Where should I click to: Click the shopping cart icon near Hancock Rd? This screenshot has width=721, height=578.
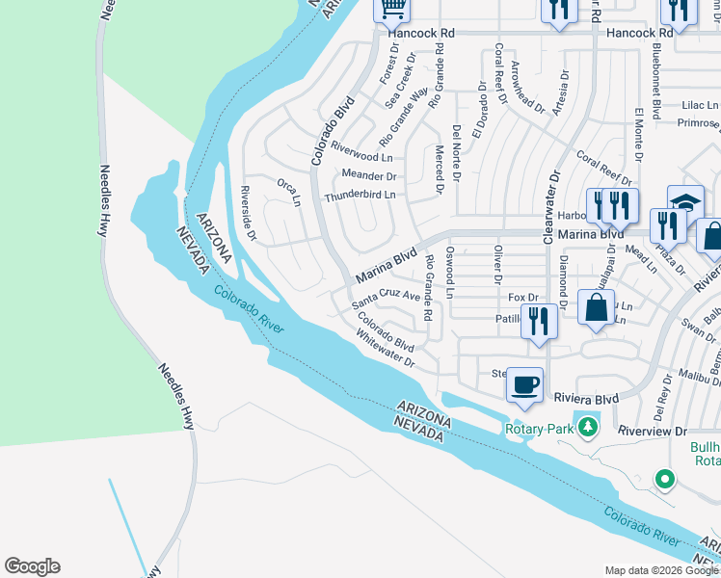click(392, 9)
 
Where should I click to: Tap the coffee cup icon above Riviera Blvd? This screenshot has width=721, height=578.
click(524, 385)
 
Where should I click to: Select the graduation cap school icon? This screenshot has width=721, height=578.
click(685, 203)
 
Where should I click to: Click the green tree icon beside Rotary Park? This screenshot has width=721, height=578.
click(585, 426)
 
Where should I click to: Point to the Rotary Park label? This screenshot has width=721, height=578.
click(538, 428)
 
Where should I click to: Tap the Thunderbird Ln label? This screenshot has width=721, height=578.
click(360, 195)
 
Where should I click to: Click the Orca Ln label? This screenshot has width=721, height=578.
click(289, 191)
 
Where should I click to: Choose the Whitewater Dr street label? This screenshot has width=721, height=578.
click(384, 349)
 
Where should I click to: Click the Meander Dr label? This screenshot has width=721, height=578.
click(369, 175)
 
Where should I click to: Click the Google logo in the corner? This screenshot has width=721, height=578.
click(32, 566)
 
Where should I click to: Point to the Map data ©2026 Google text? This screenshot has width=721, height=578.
click(660, 570)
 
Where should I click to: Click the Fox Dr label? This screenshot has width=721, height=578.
click(521, 298)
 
